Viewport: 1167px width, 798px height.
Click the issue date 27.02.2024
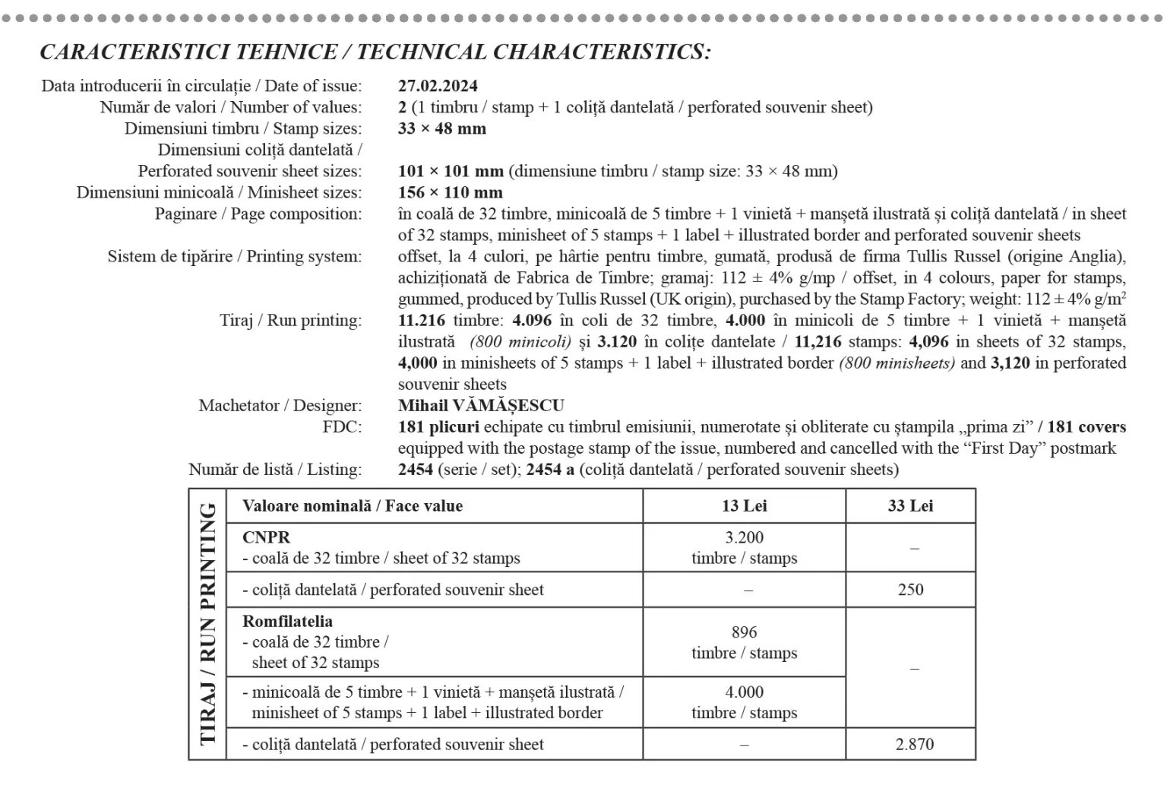[x=438, y=86]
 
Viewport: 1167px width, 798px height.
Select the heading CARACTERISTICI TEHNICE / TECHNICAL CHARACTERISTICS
[x=375, y=52]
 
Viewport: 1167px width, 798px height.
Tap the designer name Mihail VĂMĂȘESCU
[x=481, y=405]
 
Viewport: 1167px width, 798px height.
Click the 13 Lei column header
[x=744, y=505]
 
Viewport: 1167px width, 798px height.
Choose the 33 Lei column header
[x=910, y=505]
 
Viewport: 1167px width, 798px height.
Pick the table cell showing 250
[x=910, y=589]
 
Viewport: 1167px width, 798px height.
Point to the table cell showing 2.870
[x=914, y=744]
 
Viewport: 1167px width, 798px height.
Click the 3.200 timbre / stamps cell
[x=744, y=547]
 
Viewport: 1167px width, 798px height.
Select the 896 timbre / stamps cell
[x=744, y=642]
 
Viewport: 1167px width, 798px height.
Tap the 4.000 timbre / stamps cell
[x=744, y=702]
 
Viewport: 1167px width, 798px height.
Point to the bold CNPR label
[x=266, y=537]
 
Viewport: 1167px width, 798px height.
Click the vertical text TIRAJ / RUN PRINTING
[x=207, y=623]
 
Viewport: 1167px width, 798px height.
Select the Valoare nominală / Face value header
[x=352, y=505]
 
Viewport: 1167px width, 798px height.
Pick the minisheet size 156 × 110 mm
[x=450, y=192]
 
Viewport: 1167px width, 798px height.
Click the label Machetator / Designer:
[x=280, y=405]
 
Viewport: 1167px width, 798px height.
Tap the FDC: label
[x=342, y=426]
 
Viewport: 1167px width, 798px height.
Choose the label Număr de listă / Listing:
[x=275, y=469]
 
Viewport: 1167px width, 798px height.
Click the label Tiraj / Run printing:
[x=290, y=320]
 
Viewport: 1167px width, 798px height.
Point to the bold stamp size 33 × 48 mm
[x=441, y=128]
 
